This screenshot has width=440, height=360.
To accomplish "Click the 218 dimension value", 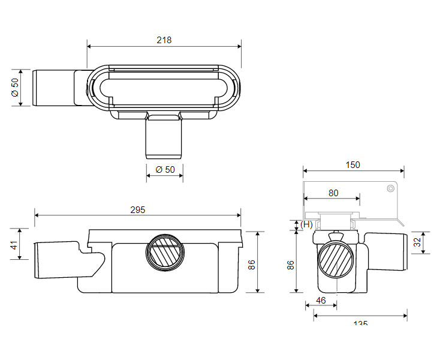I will click(164, 40).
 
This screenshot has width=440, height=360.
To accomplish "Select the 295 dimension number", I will click(137, 210).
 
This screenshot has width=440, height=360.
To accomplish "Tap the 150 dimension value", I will click(353, 165).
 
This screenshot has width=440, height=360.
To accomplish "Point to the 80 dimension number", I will click(333, 193).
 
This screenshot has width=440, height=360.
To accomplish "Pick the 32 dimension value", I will click(417, 242).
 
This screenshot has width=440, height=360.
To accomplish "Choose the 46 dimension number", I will click(321, 300).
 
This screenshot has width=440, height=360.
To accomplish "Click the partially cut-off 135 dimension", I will click(360, 323).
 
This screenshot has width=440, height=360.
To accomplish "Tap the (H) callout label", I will click(306, 224).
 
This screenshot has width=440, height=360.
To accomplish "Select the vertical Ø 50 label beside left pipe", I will click(15, 88).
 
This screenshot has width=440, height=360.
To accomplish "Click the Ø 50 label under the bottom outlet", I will click(165, 170).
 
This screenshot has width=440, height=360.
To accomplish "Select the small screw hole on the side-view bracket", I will click(389, 188).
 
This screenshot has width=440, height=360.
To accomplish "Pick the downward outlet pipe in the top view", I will click(164, 137).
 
